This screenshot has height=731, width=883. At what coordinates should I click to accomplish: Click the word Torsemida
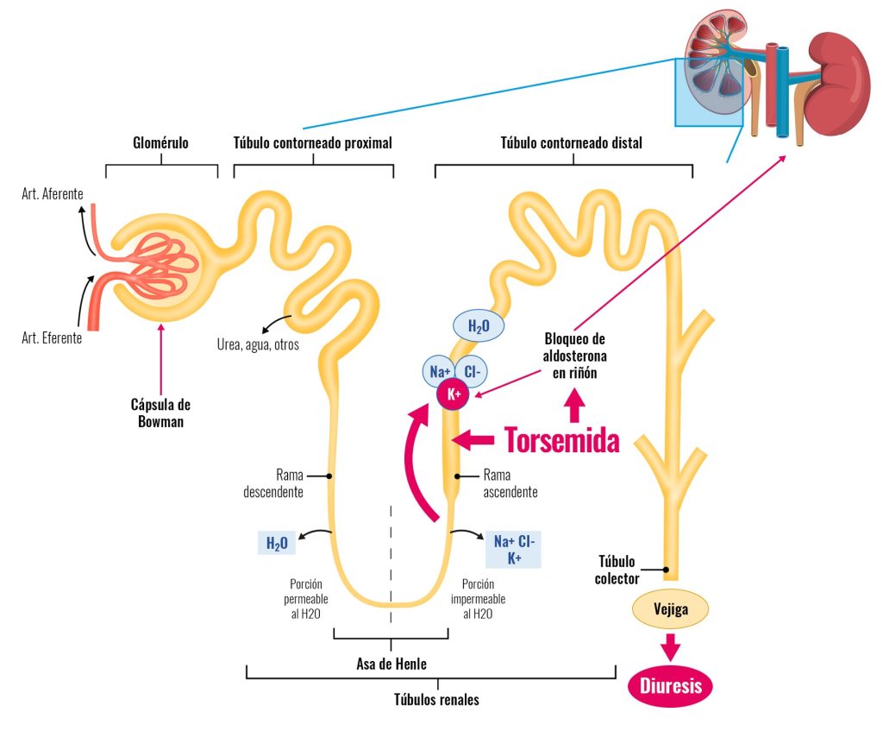point(561,440)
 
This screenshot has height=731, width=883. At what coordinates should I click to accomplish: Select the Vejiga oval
point(672,609)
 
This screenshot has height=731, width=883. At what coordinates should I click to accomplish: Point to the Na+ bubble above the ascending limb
point(437,372)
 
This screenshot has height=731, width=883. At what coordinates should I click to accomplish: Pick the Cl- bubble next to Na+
point(473,371)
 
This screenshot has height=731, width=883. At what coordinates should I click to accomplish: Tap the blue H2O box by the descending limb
point(276,544)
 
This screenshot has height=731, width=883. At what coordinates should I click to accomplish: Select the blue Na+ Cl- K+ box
point(514,550)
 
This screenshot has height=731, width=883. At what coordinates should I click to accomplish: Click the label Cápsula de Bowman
point(160,413)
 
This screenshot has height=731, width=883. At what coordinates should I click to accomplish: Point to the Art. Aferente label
point(53,194)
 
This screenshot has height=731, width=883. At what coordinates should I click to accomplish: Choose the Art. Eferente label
point(52,337)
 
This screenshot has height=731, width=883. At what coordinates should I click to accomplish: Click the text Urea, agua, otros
point(258,346)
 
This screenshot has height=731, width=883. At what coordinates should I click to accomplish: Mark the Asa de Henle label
point(391,664)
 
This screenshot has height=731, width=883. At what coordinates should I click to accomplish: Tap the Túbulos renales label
point(436,699)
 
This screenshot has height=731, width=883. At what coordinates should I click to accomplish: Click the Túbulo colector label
point(617,570)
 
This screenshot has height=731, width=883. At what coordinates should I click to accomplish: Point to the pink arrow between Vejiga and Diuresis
point(671,648)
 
